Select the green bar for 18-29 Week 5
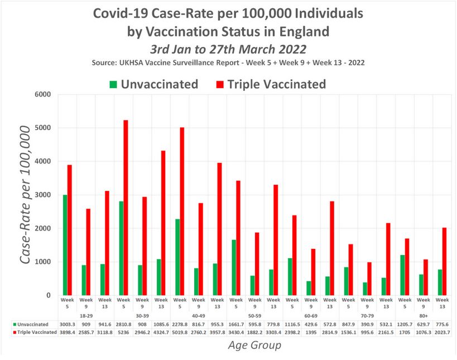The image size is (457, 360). pos(65,245)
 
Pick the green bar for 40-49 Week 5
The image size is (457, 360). pos(177,257)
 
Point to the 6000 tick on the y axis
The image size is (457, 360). pos(43,94)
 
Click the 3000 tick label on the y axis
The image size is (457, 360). pos(43,195)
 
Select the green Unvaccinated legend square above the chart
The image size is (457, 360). pos(113,85)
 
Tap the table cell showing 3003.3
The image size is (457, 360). pos(68,324)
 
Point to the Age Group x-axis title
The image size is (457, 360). pos(254,345)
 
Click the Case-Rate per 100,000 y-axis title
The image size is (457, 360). pos(26,195)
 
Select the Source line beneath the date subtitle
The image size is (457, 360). pos(228,63)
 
